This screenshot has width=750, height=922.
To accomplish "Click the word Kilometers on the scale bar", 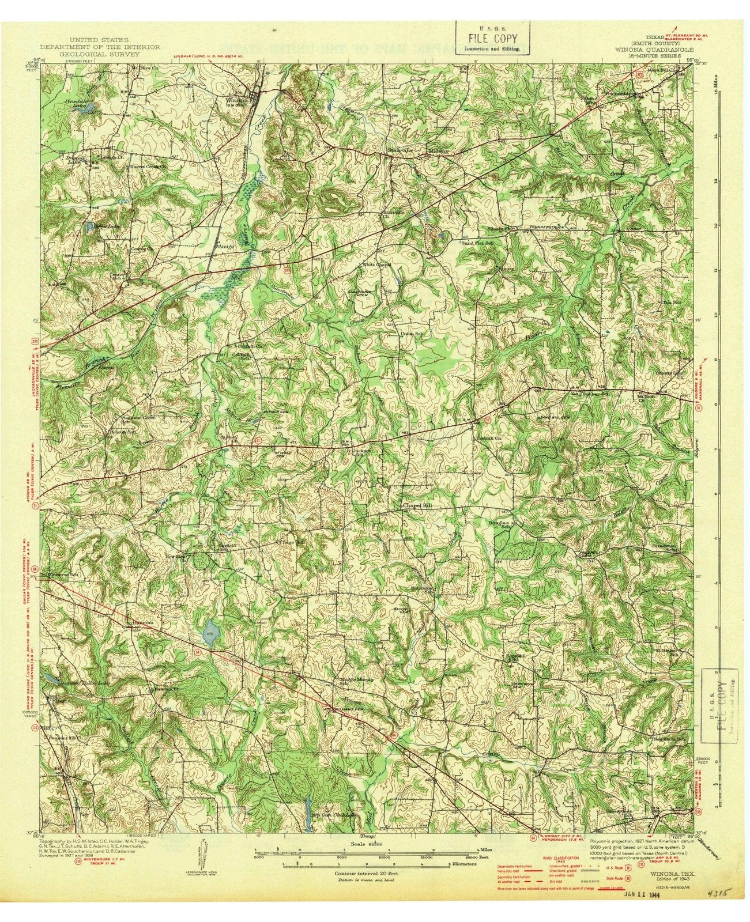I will point(463,865).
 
